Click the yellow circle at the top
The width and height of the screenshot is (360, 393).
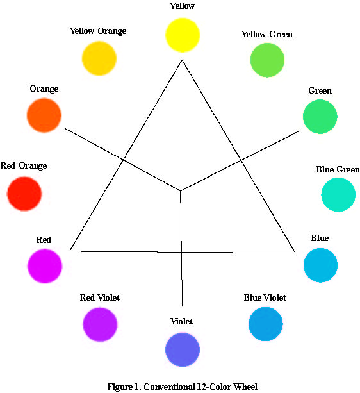(x=183, y=35)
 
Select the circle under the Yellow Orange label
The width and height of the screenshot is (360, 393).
(x=99, y=58)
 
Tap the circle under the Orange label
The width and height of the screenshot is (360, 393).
(x=44, y=115)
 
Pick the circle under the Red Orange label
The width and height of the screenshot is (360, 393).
(x=24, y=194)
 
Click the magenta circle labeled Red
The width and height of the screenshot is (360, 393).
(x=45, y=266)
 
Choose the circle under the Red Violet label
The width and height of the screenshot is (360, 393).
(x=100, y=324)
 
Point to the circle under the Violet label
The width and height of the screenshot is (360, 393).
(x=183, y=349)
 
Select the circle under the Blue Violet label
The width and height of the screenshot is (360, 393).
(x=266, y=324)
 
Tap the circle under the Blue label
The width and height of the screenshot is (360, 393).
(x=320, y=265)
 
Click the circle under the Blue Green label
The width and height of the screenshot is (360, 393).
(x=338, y=195)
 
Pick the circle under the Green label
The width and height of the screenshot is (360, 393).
(x=320, y=117)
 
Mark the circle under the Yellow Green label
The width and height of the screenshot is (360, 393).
(x=267, y=60)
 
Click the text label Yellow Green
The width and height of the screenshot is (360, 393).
(x=267, y=34)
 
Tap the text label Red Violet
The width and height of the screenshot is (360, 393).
(x=100, y=297)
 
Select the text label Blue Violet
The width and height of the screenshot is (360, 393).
(x=265, y=297)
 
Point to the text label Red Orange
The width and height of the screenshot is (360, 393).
(x=24, y=165)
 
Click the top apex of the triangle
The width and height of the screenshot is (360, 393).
(x=182, y=60)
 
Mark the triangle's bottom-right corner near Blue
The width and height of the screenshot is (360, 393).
(x=295, y=253)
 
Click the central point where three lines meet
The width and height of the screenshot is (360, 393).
(x=180, y=191)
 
